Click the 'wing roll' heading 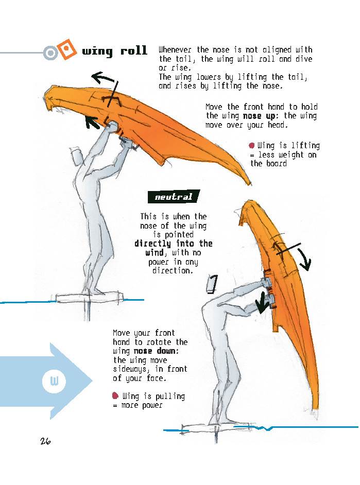click(115, 51)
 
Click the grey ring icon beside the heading click(50, 53)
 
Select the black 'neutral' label click(174, 197)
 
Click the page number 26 click(45, 441)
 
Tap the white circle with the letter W click(53, 382)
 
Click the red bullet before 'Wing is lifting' click(252, 146)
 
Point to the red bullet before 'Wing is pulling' click(115, 396)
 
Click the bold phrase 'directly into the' click(173, 244)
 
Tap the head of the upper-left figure click(77, 157)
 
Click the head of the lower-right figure click(212, 284)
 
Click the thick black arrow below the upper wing click(92, 122)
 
